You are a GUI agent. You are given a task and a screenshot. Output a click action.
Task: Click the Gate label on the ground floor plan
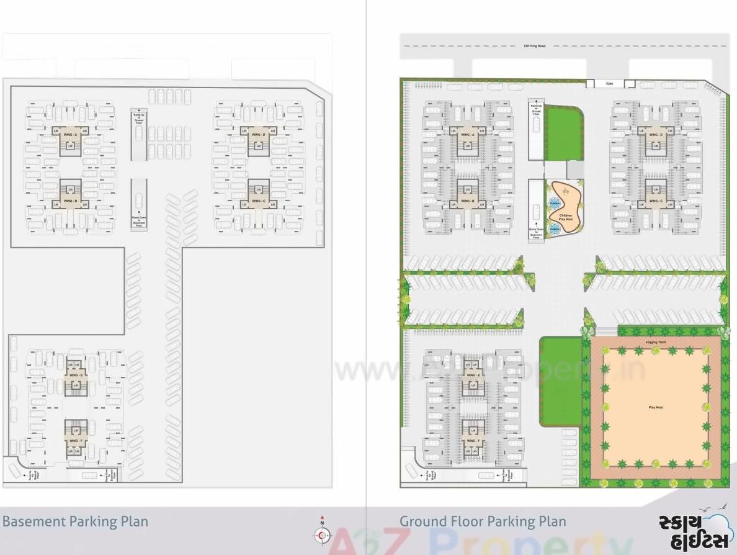pos(609,84)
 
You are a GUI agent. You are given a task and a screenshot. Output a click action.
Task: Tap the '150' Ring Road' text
pos(534,46)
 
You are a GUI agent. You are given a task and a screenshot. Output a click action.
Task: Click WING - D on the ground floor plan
pos(656,135)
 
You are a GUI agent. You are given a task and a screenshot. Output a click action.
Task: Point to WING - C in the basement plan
pos(259,201)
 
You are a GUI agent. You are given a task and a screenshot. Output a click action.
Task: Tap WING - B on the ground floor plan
pos(467,201)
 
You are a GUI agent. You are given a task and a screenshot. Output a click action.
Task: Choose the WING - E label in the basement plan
pos(76,375)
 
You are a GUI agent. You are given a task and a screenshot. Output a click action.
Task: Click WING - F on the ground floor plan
pos(473,441)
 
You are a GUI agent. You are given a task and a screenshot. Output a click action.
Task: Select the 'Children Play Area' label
pos(565,217)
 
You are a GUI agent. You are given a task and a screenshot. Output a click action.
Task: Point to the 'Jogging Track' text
pos(655,342)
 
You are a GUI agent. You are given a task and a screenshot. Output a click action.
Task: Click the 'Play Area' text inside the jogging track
pos(655,407)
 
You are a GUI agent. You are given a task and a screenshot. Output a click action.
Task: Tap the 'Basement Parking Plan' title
pos(75,521)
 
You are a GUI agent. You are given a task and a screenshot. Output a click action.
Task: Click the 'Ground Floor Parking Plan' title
pos(483,521)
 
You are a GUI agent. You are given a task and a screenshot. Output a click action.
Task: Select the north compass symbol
pos(322,533)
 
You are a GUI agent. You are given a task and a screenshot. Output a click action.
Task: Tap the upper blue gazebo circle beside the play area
pos(554,202)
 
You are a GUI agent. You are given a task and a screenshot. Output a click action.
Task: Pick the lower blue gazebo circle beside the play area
pos(554,228)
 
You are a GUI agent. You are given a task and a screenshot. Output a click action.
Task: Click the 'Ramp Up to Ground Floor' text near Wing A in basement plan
pos(138,117)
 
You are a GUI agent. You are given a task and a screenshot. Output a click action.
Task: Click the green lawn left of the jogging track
pos(560,381)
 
